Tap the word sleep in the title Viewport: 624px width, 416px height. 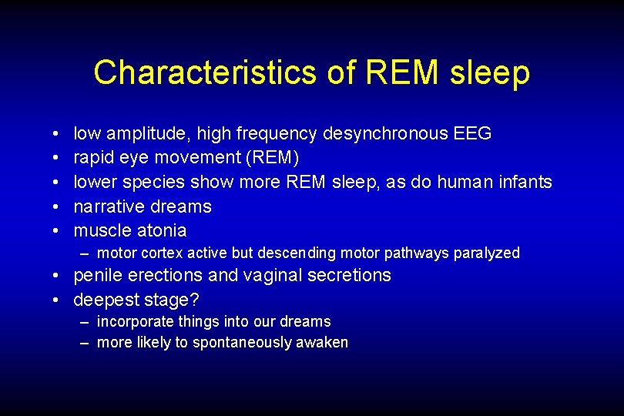pyautogui.click(x=490, y=72)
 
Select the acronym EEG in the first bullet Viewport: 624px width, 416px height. pyautogui.click(x=473, y=134)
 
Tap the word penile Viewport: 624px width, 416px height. pyautogui.click(x=96, y=276)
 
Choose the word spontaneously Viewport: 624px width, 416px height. pyautogui.click(x=240, y=343)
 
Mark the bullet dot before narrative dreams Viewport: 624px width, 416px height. pyautogui.click(x=59, y=206)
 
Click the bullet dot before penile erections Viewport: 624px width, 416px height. pyautogui.click(x=59, y=276)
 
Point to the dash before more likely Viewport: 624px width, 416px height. pyautogui.click(x=83, y=343)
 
